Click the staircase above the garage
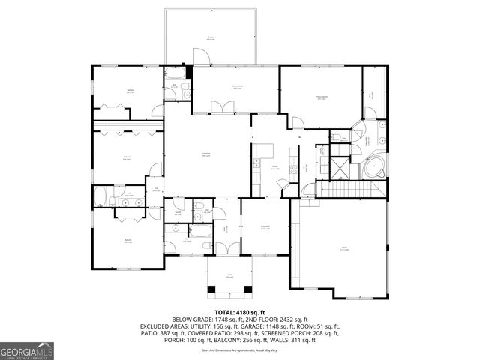coord(352,193)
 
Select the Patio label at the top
coord(211,37)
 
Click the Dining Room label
coord(265,227)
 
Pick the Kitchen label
coord(275,167)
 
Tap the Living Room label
coord(205,154)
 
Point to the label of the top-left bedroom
coord(130,91)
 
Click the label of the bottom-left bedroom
coord(128,241)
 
